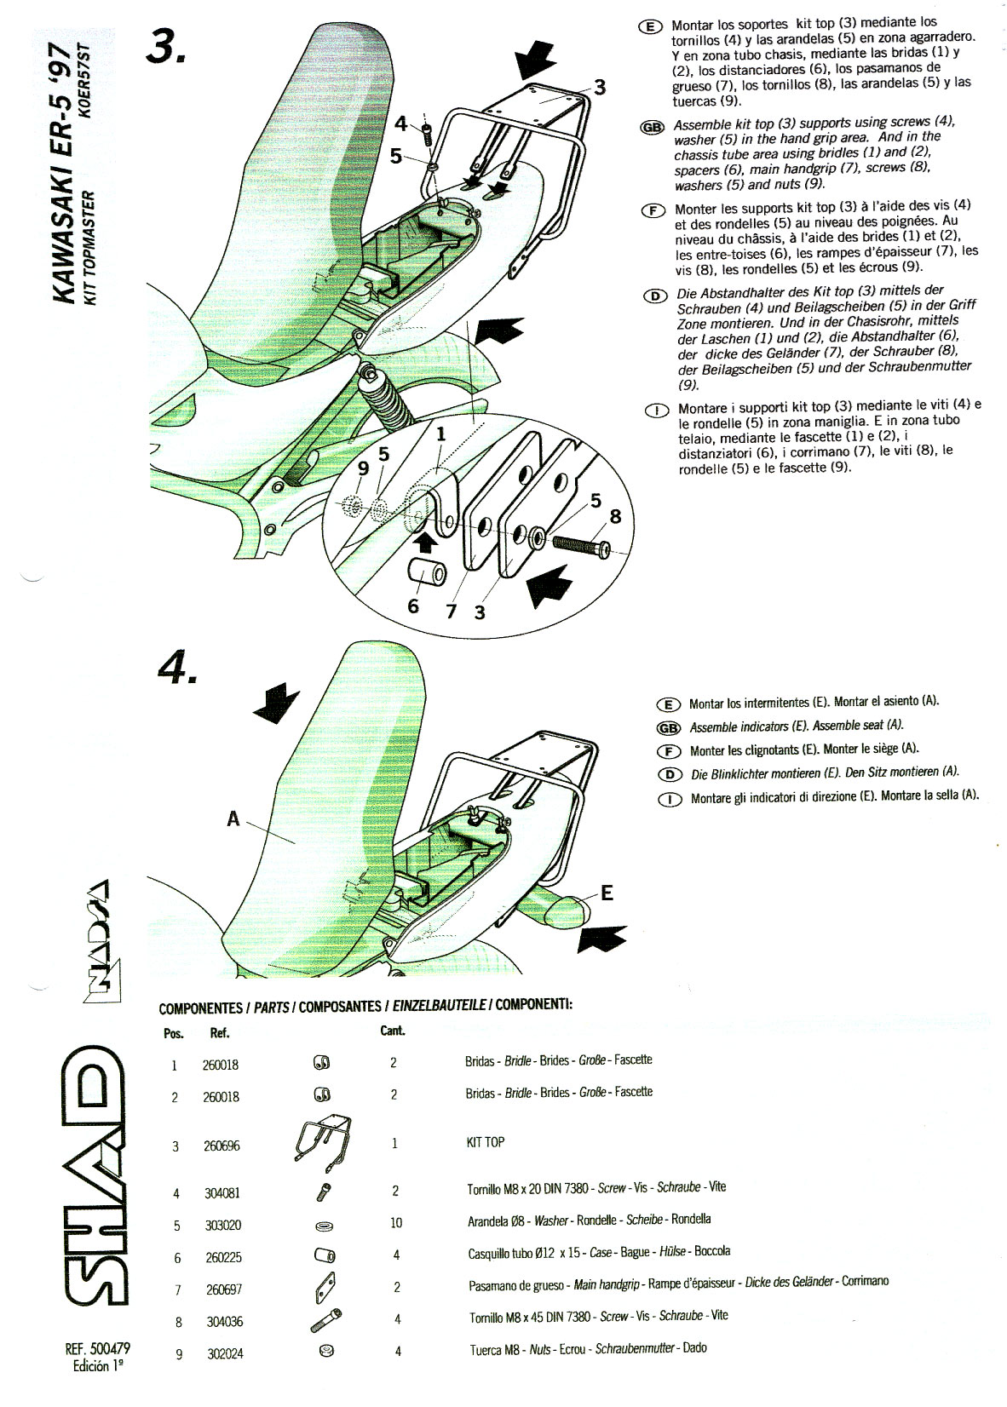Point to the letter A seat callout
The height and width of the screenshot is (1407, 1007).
tap(233, 818)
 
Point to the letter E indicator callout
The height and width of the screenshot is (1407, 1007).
tap(607, 893)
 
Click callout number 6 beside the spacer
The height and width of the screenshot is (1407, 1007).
tap(414, 606)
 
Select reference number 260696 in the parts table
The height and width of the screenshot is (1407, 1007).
tap(222, 1146)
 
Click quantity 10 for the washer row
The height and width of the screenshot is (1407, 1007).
tap(395, 1223)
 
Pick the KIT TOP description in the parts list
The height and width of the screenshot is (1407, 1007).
tap(485, 1142)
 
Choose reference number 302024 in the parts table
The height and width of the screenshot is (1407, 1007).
tap(225, 1352)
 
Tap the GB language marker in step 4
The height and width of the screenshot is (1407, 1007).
tap(669, 727)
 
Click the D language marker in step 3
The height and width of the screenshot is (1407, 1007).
tap(655, 296)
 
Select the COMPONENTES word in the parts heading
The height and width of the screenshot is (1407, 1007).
tap(200, 1008)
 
